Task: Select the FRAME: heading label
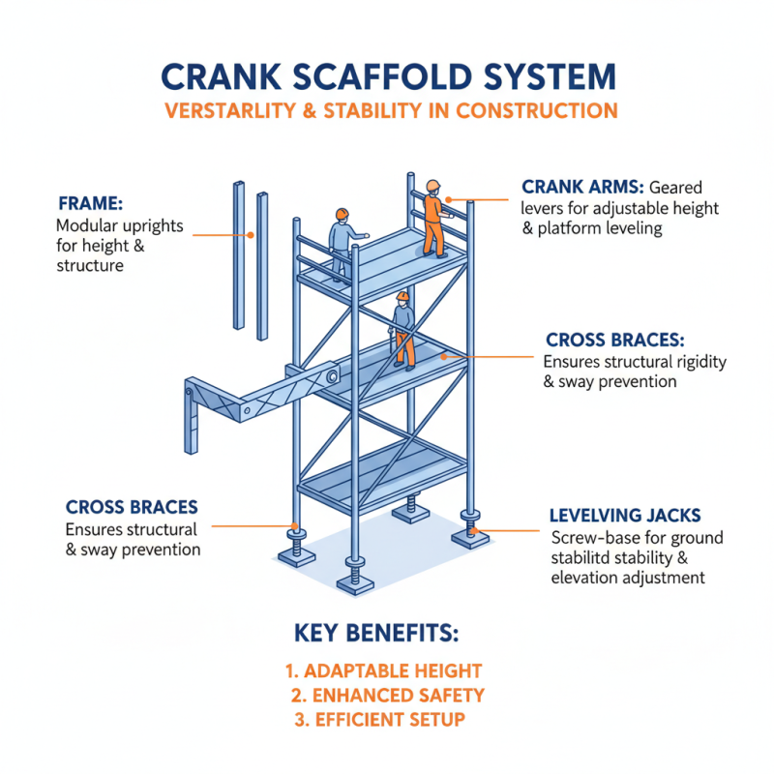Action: pyautogui.click(x=90, y=203)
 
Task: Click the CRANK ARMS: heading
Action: pyautogui.click(x=582, y=187)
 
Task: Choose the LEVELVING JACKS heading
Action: pyautogui.click(x=618, y=515)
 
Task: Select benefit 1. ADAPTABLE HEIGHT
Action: pyautogui.click(x=383, y=670)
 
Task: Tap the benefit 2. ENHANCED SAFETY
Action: pyautogui.click(x=387, y=695)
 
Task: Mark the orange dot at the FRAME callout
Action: pyautogui.click(x=251, y=234)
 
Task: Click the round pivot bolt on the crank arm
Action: pyautogui.click(x=331, y=375)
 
